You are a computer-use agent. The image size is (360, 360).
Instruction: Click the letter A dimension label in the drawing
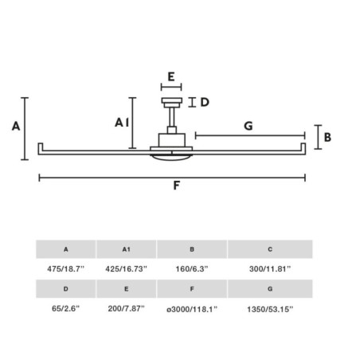(16, 126)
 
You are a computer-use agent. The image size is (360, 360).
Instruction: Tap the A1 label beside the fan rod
(122, 123)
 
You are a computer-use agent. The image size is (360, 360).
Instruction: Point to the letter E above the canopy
(171, 76)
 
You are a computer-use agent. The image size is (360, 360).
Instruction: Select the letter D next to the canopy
(205, 102)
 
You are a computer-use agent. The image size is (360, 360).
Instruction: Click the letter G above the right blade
(248, 126)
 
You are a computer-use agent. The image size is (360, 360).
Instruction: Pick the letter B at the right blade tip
(327, 137)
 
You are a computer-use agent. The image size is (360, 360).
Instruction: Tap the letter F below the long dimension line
(176, 186)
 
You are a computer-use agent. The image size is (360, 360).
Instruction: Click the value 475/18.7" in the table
(65, 269)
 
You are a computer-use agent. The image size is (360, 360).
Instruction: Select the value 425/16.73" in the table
(126, 269)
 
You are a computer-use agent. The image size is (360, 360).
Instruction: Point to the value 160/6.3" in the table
(192, 269)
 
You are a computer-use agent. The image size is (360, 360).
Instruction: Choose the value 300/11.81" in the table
(270, 269)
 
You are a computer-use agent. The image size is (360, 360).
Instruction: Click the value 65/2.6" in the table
(65, 308)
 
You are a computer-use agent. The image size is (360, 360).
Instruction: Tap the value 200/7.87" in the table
(126, 308)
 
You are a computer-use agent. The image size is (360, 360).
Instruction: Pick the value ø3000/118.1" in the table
(192, 309)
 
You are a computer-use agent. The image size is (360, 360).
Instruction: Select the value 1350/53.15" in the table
(270, 309)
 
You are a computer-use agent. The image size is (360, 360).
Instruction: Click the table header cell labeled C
(270, 249)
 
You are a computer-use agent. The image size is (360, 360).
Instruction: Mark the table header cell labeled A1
(126, 249)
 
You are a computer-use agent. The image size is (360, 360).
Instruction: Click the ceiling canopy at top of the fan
(172, 103)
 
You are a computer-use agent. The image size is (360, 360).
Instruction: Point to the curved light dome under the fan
(171, 158)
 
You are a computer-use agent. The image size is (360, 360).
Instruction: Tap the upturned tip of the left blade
(41, 147)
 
